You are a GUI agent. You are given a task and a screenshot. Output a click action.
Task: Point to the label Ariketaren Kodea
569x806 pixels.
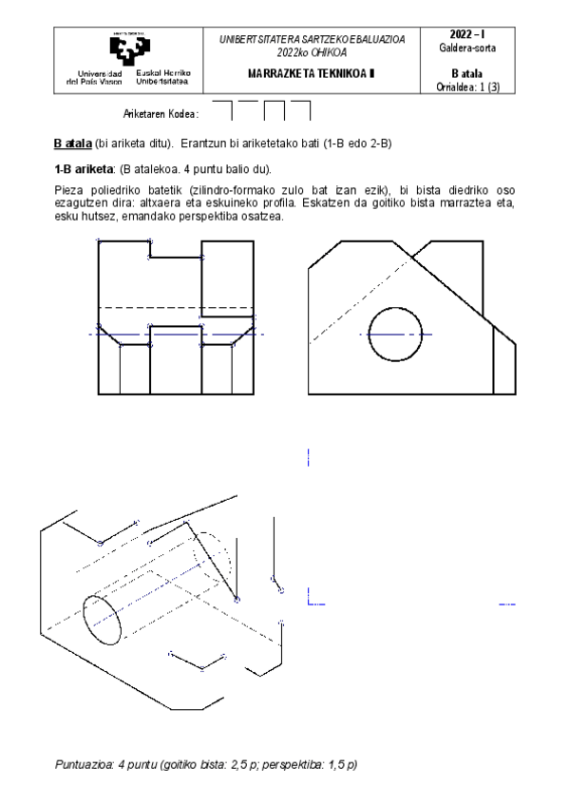(161, 114)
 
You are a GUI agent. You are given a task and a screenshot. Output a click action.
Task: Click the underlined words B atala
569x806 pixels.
(72, 144)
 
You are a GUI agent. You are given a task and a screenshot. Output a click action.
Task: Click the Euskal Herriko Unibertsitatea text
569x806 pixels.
(164, 77)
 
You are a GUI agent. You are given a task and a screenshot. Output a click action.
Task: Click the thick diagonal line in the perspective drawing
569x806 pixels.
(211, 561)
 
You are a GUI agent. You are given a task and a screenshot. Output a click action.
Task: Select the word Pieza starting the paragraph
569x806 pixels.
(68, 190)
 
